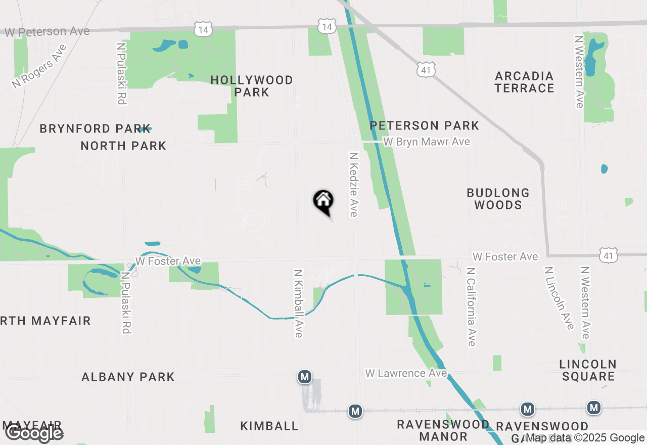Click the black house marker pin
pyautogui.click(x=323, y=201)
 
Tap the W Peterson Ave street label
pyautogui.click(x=48, y=31)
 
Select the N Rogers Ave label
pyautogui.click(x=39, y=67)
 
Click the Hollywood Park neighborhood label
pyautogui.click(x=252, y=86)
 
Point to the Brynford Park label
pyautogui.click(x=95, y=128)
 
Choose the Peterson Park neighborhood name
pyautogui.click(x=424, y=125)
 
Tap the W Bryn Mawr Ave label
pyautogui.click(x=426, y=142)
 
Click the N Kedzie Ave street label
pyautogui.click(x=353, y=185)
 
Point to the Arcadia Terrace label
pyautogui.click(x=524, y=82)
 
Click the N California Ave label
pyautogui.click(x=472, y=307)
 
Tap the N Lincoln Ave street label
pyautogui.click(x=559, y=298)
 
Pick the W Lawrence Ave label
pyautogui.click(x=406, y=373)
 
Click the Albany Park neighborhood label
pyautogui.click(x=128, y=377)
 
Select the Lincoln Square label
pyautogui.click(x=588, y=370)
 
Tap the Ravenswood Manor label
pyautogui.click(x=443, y=430)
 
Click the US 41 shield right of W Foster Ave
pyautogui.click(x=608, y=256)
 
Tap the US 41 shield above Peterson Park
pyautogui.click(x=426, y=70)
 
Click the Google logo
pyautogui.click(x=34, y=433)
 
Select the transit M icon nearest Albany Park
pyautogui.click(x=304, y=377)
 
